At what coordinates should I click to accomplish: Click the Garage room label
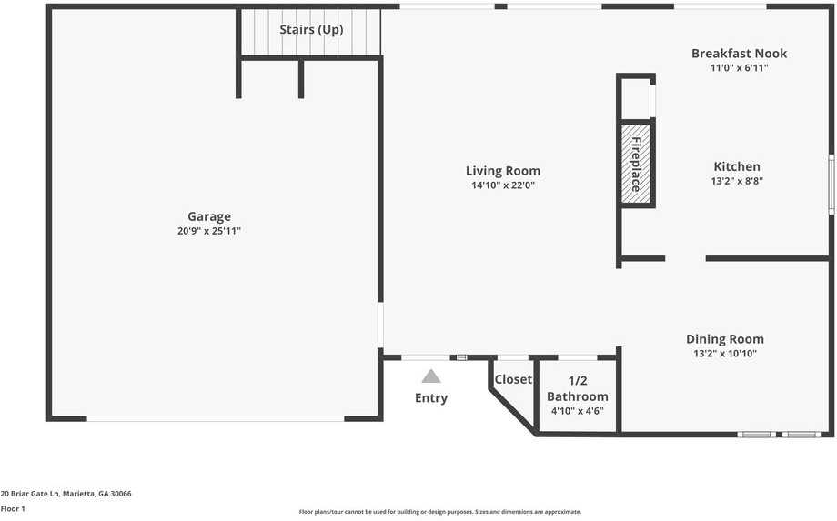point(209,216)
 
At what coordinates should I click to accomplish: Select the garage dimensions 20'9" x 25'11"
point(209,232)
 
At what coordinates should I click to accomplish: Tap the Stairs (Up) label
point(311,30)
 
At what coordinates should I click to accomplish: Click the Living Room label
point(503,171)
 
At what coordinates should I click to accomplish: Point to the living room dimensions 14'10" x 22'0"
point(503,185)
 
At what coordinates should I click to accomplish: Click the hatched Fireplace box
point(636,163)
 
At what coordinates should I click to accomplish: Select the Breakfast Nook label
point(739,54)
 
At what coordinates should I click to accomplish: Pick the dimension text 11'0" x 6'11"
point(739,68)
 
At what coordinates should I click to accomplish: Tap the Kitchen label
point(736,166)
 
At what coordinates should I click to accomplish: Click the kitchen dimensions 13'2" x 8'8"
point(736,181)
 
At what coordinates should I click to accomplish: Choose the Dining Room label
point(725,339)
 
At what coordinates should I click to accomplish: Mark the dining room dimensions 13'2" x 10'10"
point(725,354)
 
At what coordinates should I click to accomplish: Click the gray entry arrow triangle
point(431,376)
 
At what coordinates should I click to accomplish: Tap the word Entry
point(431,398)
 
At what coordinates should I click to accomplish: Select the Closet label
point(513,380)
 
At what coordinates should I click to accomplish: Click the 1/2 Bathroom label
point(577,389)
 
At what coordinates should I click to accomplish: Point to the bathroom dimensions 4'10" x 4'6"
point(577,411)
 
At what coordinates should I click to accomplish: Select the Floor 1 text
point(13,509)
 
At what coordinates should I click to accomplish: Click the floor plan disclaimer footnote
point(440,512)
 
